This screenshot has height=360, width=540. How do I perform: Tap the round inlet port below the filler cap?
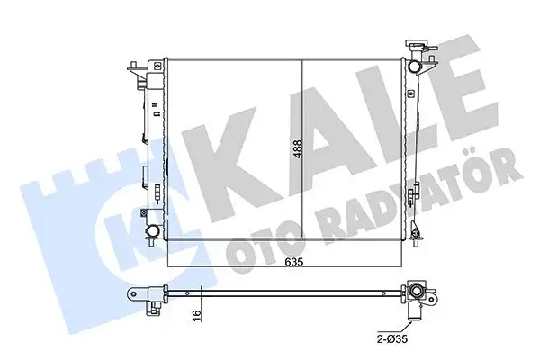(416, 68)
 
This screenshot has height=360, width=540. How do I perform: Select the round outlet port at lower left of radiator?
(156, 232)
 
